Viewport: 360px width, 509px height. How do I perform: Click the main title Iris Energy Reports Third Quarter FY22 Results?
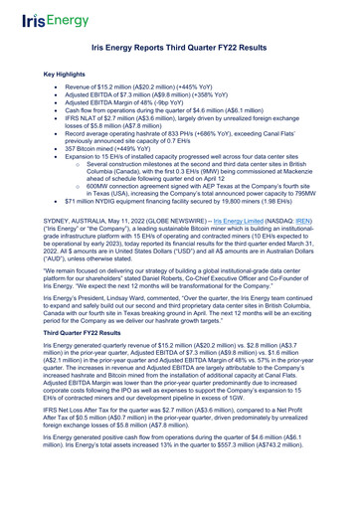[x=180, y=47]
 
